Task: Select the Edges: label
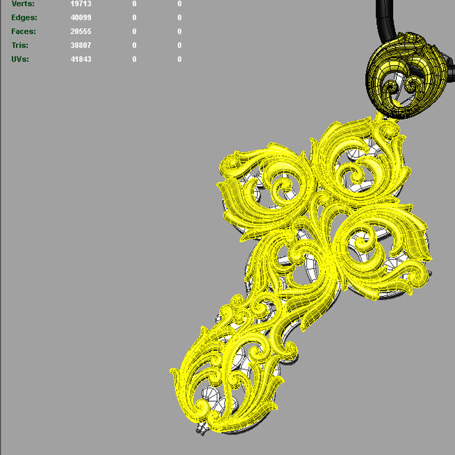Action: click(x=24, y=18)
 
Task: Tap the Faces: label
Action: click(x=24, y=31)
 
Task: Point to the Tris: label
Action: click(x=20, y=45)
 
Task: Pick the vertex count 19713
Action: click(x=81, y=4)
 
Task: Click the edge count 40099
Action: click(x=81, y=18)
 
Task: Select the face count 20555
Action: click(x=81, y=31)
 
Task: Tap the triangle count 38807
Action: click(x=81, y=45)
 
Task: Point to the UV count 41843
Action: click(x=81, y=59)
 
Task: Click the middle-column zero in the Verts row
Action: click(x=134, y=4)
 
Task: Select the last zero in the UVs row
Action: click(x=180, y=59)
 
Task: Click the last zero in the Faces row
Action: click(x=180, y=31)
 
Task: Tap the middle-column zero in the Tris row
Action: click(x=134, y=45)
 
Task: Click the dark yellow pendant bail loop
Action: click(x=405, y=75)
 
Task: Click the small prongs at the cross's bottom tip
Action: click(x=201, y=430)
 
